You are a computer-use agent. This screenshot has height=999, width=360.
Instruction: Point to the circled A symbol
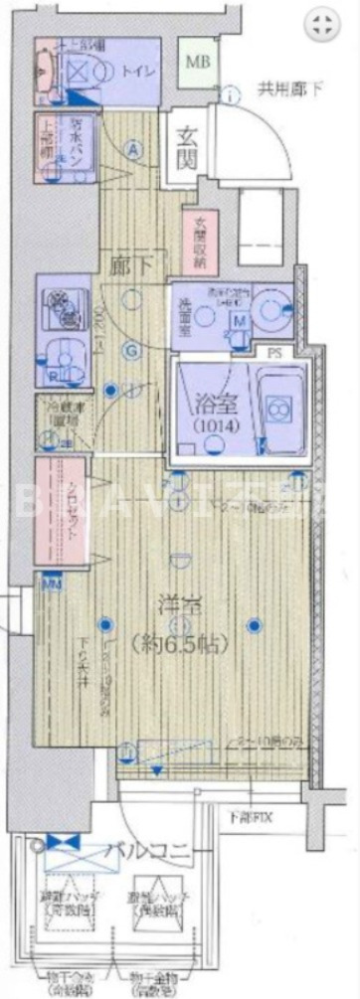point(133,148)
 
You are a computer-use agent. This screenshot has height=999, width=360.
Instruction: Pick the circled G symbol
point(130,350)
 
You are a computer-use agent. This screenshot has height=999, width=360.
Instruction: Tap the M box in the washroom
point(240,320)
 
